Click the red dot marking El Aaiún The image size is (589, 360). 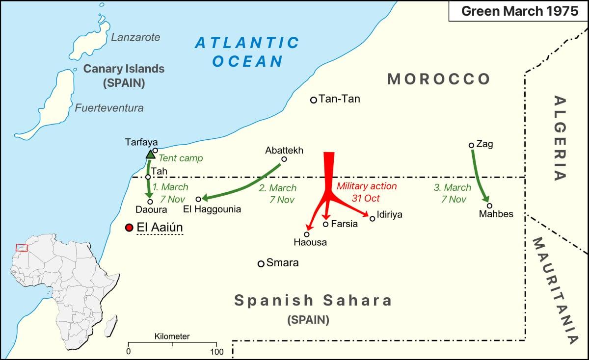[x=129, y=228]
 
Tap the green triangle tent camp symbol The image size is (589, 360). [x=150, y=155]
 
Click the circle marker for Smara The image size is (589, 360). [x=261, y=263]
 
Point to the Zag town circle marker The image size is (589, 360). [x=471, y=145]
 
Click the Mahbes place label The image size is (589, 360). [x=496, y=214]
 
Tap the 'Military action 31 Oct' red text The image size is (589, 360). [x=367, y=192]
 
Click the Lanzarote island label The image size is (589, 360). [x=135, y=37]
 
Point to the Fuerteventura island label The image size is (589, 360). [x=109, y=108]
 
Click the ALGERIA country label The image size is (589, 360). [x=560, y=138]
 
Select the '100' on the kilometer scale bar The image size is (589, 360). [x=216, y=352]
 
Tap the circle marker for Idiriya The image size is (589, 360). [x=373, y=218]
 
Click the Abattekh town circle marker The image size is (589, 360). [x=284, y=159]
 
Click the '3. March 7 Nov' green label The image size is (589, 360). [x=452, y=193]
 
